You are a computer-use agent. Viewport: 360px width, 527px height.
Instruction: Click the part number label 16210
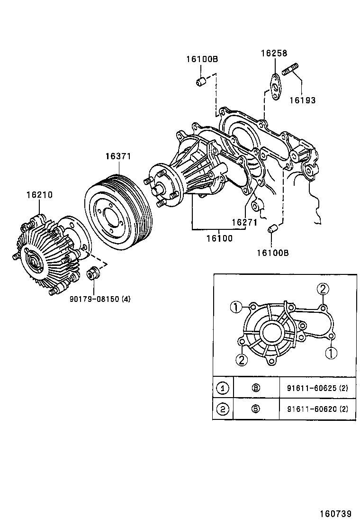pos(39,195)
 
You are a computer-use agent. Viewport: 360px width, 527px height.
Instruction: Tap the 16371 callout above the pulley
pos(118,156)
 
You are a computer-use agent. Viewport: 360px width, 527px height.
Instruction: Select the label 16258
pos(274,54)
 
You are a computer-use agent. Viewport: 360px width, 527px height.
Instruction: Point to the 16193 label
pos(302,100)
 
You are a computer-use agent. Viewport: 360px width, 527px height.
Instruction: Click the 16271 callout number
pos(244,222)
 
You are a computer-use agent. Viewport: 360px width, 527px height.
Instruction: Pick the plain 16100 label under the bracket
pos(219,238)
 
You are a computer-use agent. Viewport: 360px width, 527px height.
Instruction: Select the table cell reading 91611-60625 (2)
pos(317,389)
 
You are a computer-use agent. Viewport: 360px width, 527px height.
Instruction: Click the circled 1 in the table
pos(223,389)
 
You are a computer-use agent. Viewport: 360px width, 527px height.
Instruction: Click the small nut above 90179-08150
pos(92,274)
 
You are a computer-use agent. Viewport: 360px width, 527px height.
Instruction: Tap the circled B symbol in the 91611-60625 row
pos(256,389)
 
